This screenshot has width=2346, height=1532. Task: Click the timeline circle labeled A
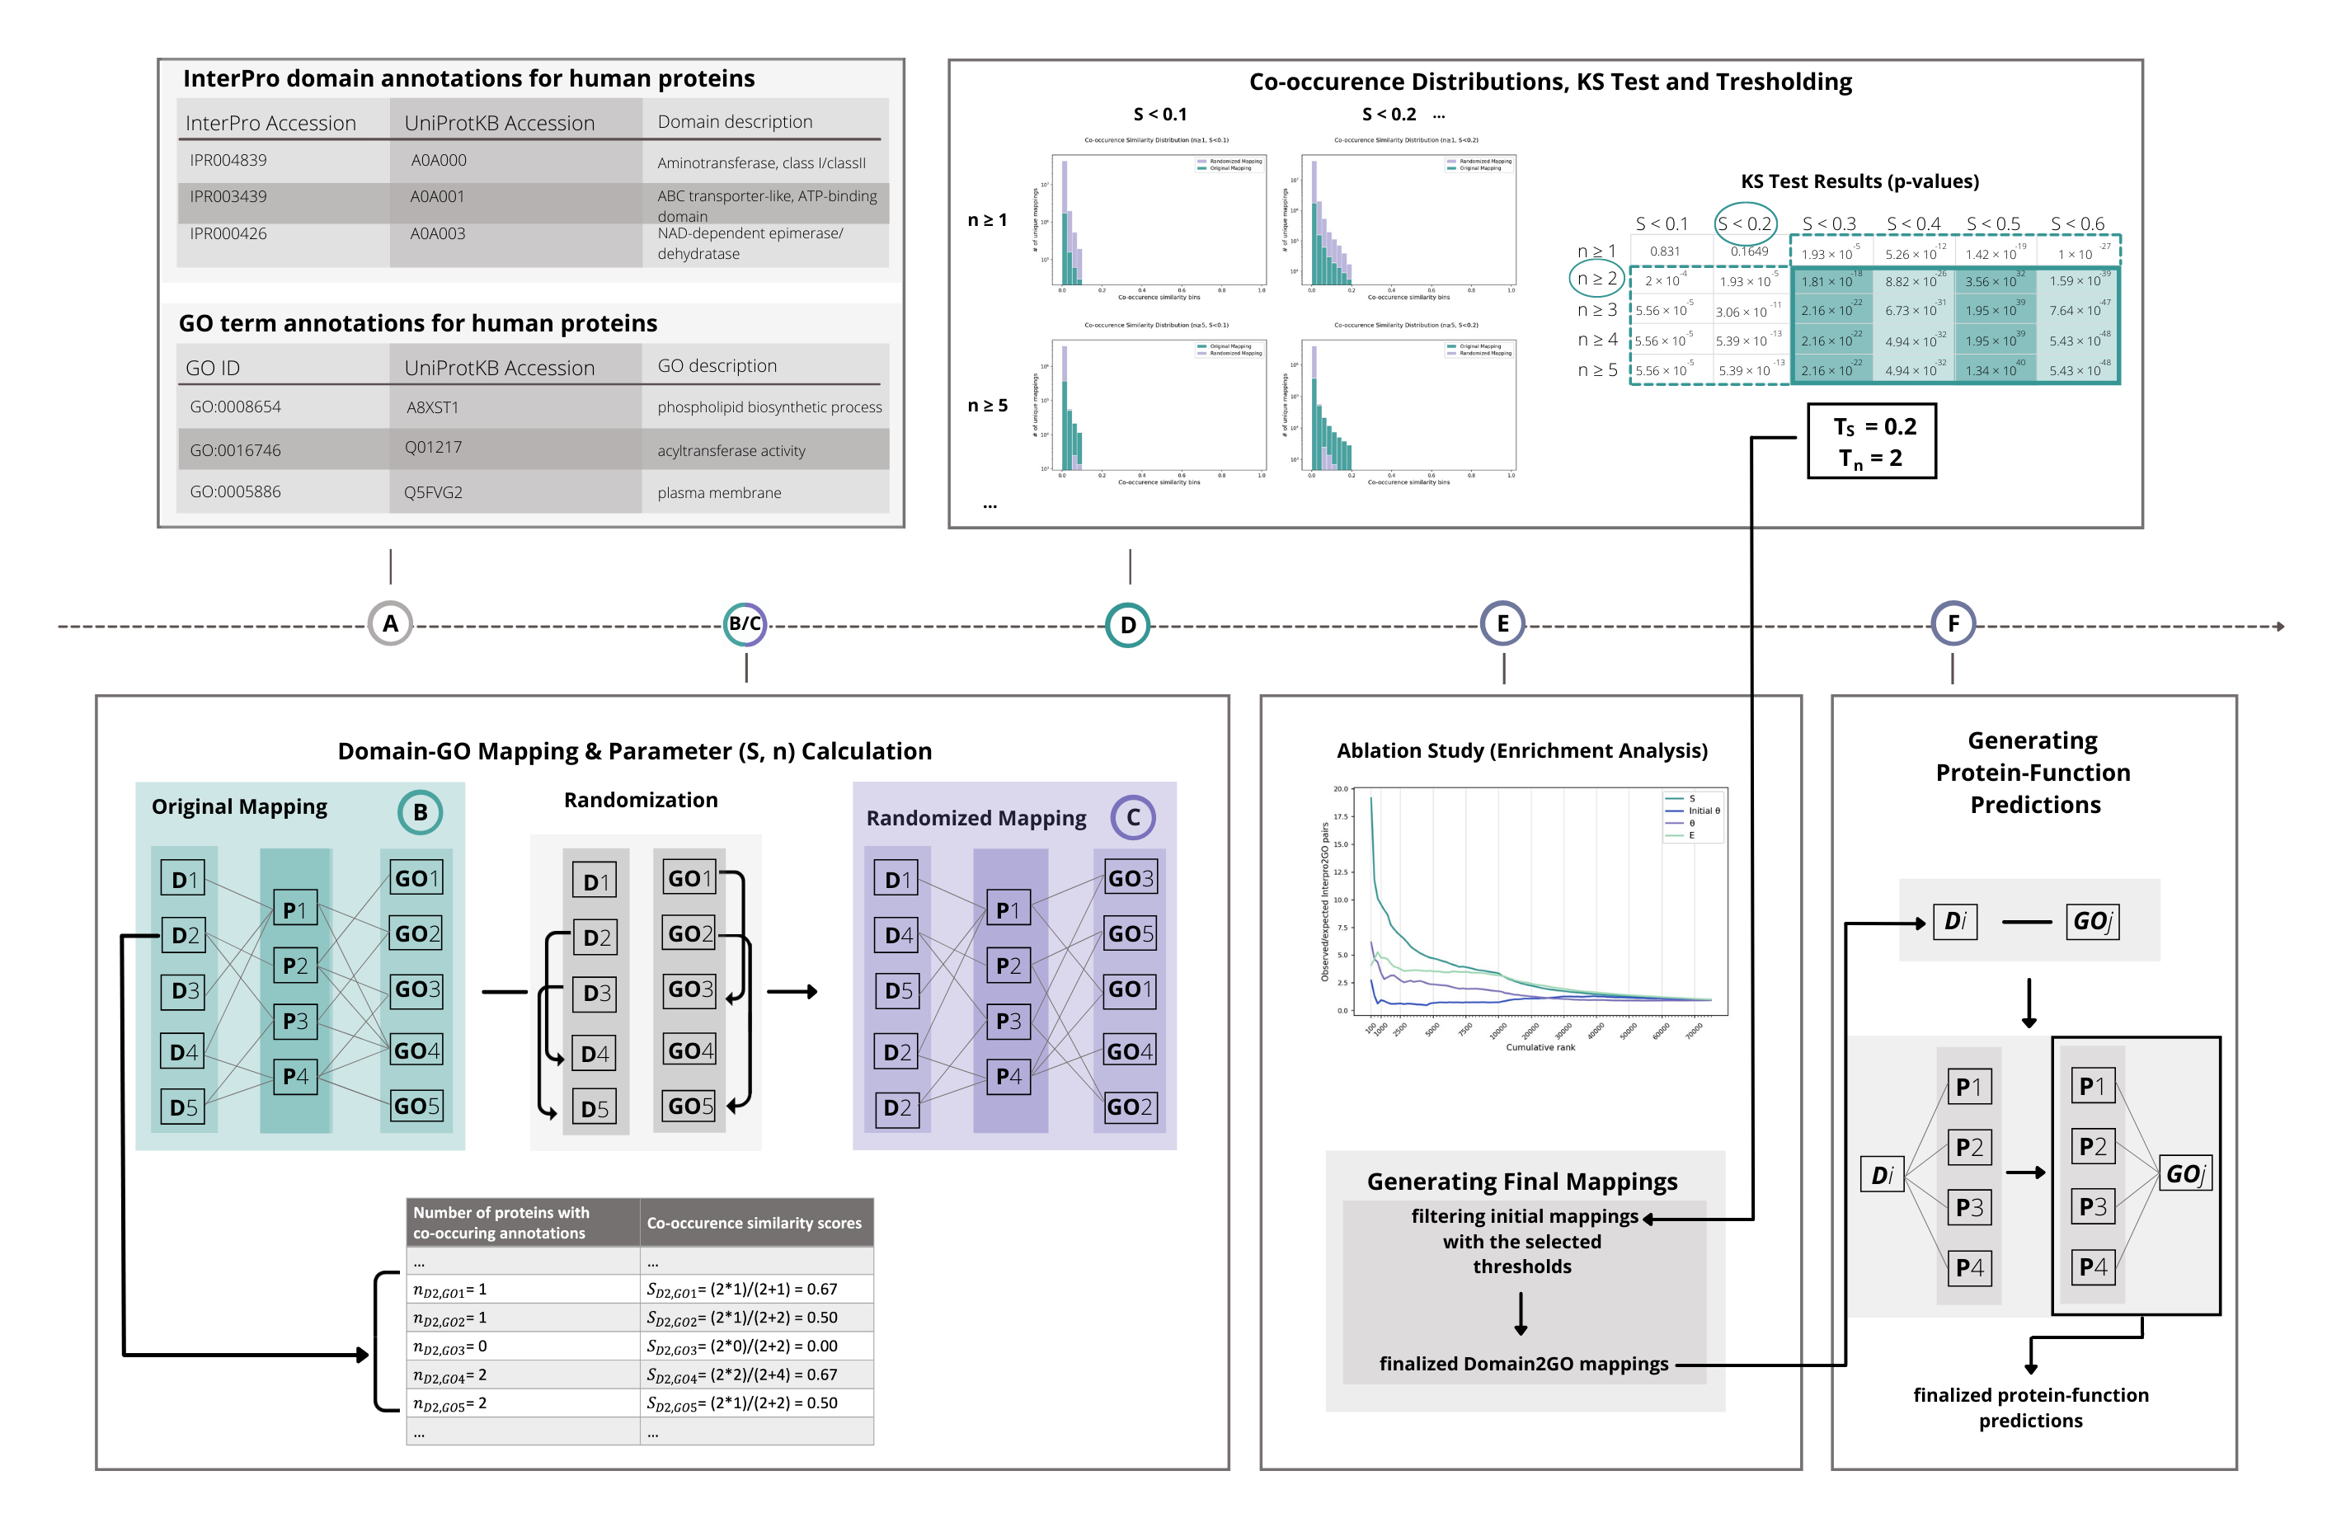pos(390,624)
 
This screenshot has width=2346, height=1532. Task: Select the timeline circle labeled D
pos(1128,625)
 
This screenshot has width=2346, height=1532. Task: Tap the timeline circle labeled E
pos(1502,624)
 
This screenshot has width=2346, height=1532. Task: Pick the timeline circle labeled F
pos(1953,624)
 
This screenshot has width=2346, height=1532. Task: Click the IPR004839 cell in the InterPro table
pos(228,161)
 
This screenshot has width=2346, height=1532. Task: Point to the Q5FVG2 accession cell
pos(433,492)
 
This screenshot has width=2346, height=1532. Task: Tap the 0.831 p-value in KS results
pos(1665,251)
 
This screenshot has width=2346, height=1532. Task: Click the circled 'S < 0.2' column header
pos(1745,223)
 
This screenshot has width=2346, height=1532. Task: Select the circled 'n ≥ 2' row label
pos(1596,279)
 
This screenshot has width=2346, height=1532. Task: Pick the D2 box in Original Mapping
pos(185,934)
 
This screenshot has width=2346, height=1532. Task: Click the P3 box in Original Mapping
pos(294,1020)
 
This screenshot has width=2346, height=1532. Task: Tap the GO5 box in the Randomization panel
pos(689,1106)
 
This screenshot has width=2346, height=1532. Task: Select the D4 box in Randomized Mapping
pos(897,934)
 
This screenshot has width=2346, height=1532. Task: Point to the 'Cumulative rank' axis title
pos(1540,1047)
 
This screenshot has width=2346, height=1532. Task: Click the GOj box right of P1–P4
pos(2184,1174)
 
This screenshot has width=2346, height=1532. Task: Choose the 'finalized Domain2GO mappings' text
pos(1523,1364)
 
